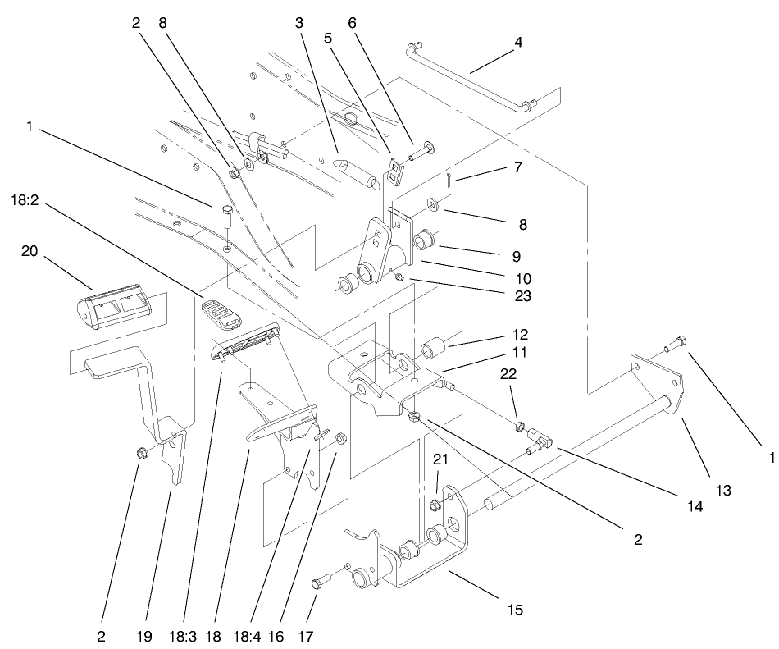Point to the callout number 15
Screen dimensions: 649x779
[x=515, y=610]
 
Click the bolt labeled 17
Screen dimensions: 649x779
[x=318, y=583]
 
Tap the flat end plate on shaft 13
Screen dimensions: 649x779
[x=656, y=385]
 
